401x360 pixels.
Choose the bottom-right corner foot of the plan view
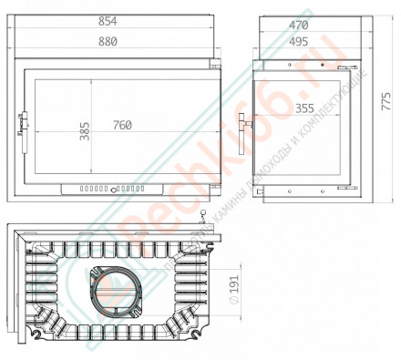[x=196, y=342]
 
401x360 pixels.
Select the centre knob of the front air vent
[x=110, y=189]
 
